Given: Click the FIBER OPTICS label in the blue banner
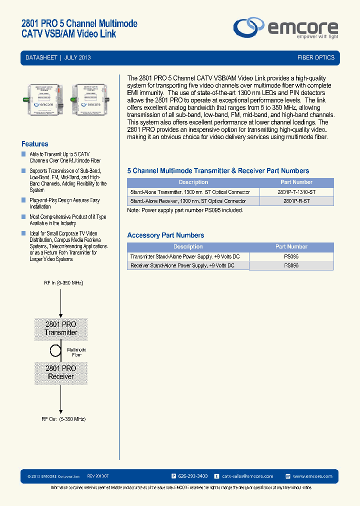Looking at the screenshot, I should click(x=315, y=58).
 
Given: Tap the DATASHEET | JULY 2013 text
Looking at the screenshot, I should click(x=58, y=58).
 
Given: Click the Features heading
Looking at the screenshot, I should click(x=35, y=144).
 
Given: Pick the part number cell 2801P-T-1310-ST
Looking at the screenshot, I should click(x=296, y=192).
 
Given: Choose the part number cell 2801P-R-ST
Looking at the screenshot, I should click(x=296, y=201).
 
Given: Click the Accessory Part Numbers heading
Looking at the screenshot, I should click(x=165, y=235).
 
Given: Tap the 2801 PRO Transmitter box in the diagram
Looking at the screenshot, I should click(x=61, y=328).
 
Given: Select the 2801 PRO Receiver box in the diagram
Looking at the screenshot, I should click(x=61, y=372).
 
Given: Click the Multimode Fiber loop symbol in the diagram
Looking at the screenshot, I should click(x=58, y=350).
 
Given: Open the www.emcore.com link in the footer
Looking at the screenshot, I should click(x=312, y=476).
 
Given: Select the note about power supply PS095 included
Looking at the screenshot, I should click(x=185, y=210).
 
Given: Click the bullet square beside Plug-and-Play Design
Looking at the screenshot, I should click(x=23, y=200).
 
